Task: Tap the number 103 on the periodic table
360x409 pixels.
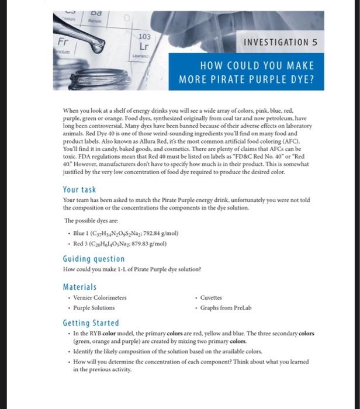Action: (x=144, y=36)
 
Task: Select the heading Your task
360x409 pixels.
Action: (x=79, y=189)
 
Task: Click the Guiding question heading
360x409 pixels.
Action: (x=94, y=258)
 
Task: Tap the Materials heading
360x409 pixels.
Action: (x=79, y=287)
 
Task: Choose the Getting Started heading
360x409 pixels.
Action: (x=91, y=323)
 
